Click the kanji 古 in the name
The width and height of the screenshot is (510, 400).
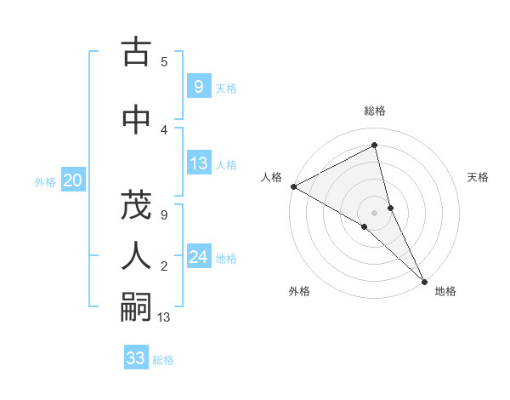point(136,52)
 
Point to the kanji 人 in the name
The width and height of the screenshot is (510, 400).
point(136,256)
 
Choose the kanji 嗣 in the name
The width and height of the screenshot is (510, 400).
point(136,308)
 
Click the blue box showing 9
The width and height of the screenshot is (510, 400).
point(197,86)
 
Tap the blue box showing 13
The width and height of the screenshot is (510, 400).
point(199,163)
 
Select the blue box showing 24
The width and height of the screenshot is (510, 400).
point(199,257)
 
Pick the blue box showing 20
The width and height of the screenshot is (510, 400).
point(72,180)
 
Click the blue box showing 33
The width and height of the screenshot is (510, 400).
point(136,358)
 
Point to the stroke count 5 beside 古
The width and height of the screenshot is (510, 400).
point(164,61)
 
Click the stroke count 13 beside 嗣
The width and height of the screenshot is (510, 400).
point(164,318)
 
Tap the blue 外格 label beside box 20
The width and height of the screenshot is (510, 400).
point(44,181)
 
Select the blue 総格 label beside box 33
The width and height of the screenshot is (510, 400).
point(163,360)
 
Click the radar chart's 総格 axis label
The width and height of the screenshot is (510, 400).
point(375,111)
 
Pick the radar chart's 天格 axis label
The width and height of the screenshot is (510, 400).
point(479,177)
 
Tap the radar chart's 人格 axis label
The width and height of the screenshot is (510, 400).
point(271,177)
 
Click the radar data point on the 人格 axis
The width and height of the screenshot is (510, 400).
point(293,186)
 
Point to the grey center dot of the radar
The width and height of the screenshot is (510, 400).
point(375,212)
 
